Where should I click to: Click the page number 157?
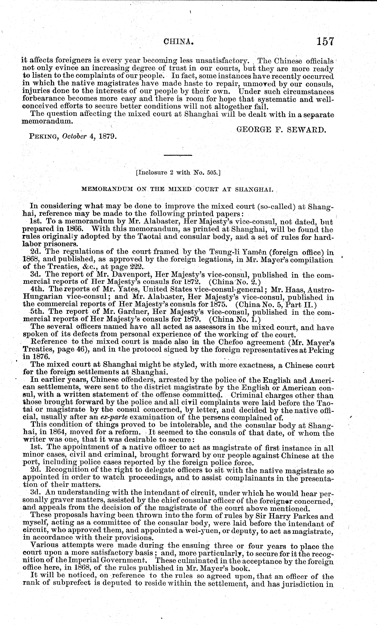pyautogui.click(x=325, y=41)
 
